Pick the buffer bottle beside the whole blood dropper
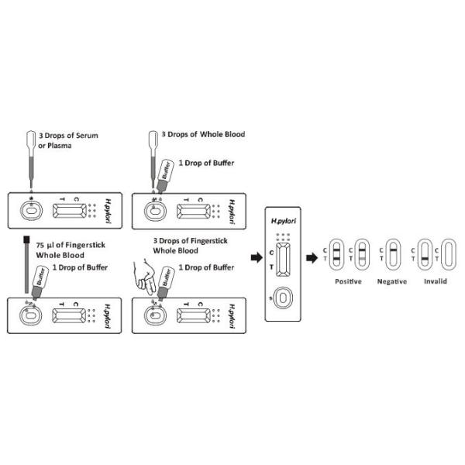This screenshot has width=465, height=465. [164, 172]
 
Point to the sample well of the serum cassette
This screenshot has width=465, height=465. [30, 209]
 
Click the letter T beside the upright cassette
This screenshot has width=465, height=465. [270, 267]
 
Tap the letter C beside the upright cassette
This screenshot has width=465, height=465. [270, 253]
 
